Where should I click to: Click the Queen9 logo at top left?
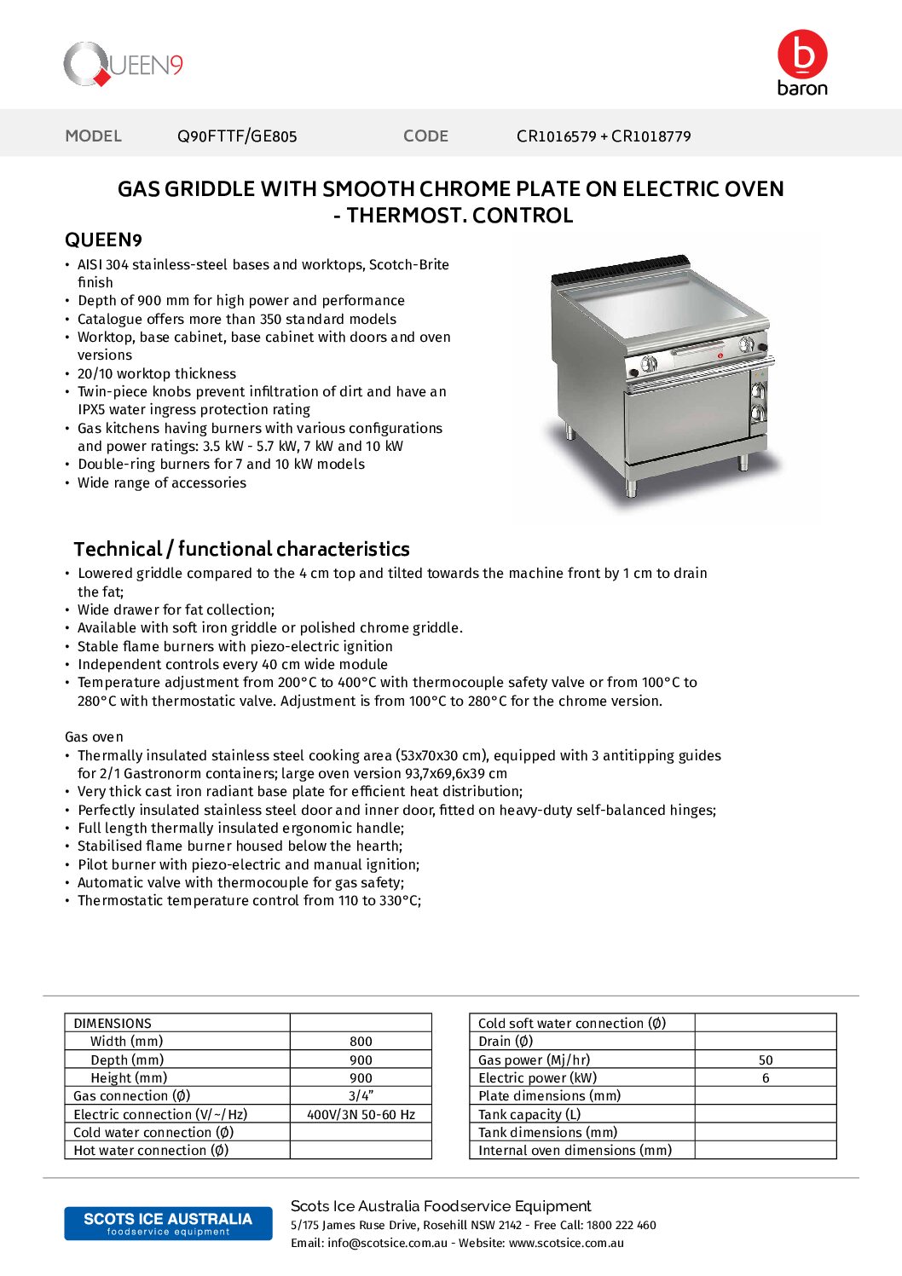123,64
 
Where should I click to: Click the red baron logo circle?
801,55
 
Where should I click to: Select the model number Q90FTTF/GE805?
237,136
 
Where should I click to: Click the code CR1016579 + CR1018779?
604,136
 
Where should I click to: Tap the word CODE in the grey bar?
425,136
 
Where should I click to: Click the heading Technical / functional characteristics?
241,549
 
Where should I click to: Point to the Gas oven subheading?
94,737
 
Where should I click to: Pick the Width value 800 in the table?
361,1042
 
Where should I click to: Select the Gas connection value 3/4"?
361,1096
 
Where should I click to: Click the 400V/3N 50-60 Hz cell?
361,1115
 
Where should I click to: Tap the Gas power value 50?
766,1060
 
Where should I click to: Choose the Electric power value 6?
766,1078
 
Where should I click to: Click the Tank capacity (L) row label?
529,1115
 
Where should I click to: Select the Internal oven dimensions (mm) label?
575,1151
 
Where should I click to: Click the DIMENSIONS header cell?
113,1024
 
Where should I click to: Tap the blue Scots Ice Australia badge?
168,1223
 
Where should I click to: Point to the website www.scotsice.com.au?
566,1244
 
